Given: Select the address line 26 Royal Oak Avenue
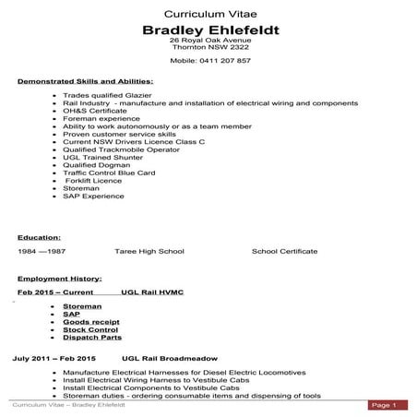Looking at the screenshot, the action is coord(211,42).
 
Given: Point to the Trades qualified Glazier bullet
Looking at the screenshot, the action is coord(108,96).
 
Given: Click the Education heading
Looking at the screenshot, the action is coord(40,237).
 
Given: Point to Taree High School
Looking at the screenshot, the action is coord(149,251).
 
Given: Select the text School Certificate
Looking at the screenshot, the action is coord(284,251).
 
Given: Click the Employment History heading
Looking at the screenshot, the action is coord(60,278).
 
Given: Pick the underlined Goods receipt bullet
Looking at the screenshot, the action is coord(90,321).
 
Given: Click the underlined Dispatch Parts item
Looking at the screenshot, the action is coord(92,337).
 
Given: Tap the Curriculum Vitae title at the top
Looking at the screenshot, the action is coord(210,15).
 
